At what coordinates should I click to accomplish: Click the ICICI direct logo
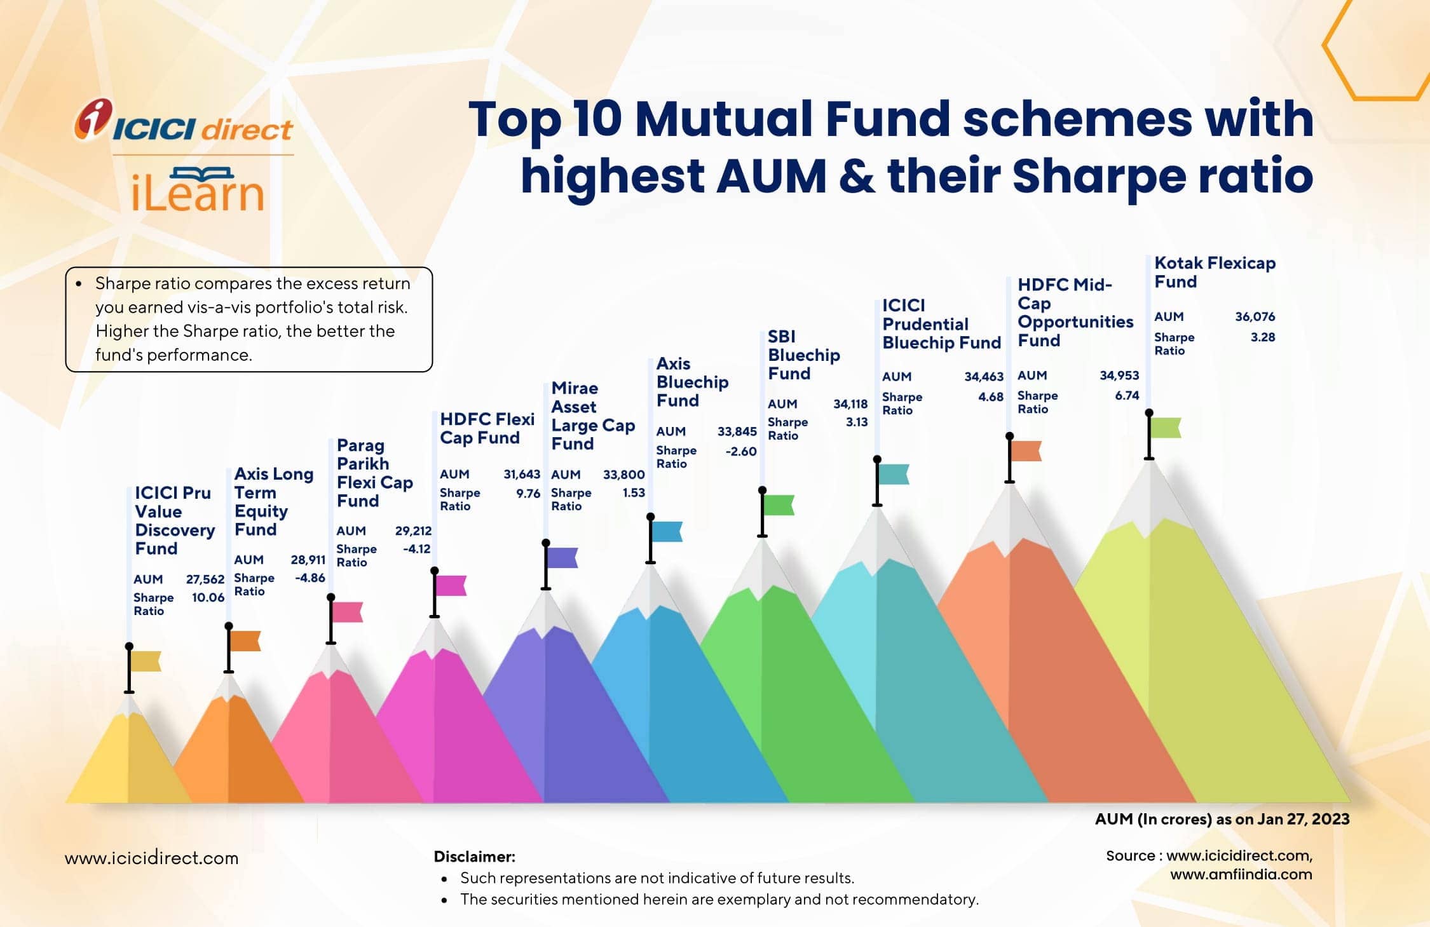184,121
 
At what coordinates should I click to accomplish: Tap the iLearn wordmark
197,191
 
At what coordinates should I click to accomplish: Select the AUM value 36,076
1255,316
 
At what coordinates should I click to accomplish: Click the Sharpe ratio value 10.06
208,597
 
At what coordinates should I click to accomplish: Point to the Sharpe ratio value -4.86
310,578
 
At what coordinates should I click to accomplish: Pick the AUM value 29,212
413,531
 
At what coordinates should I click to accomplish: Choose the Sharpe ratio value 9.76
528,493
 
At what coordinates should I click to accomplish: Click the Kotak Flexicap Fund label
1214,272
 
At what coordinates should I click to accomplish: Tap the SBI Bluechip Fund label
803,355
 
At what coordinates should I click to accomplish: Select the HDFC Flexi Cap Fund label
487,428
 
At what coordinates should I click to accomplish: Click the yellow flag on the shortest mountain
146,661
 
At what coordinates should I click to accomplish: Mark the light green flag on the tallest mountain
1166,428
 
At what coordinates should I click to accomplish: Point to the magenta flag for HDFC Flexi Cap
451,585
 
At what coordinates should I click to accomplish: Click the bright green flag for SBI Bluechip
779,505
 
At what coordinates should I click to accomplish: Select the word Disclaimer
474,856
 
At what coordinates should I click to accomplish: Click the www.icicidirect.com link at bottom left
151,858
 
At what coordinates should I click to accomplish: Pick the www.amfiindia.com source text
1241,874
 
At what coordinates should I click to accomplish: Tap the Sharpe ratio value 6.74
1127,395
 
